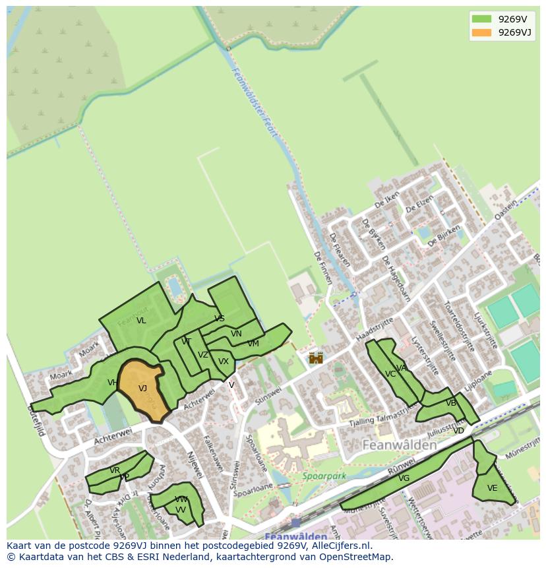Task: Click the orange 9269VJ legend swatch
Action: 482,32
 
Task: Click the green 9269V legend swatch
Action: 482,19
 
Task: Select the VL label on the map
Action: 141,321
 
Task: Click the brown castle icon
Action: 316,358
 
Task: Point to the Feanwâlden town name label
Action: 400,445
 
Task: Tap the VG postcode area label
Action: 404,478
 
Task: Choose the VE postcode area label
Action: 492,488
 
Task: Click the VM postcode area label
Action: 253,344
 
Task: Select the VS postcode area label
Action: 220,319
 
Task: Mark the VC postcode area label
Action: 390,374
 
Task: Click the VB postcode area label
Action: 451,403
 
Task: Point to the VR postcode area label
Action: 115,470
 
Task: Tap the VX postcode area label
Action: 224,362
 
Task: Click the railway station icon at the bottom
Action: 295,522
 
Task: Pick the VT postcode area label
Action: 187,342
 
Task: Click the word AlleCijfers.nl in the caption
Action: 341,546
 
